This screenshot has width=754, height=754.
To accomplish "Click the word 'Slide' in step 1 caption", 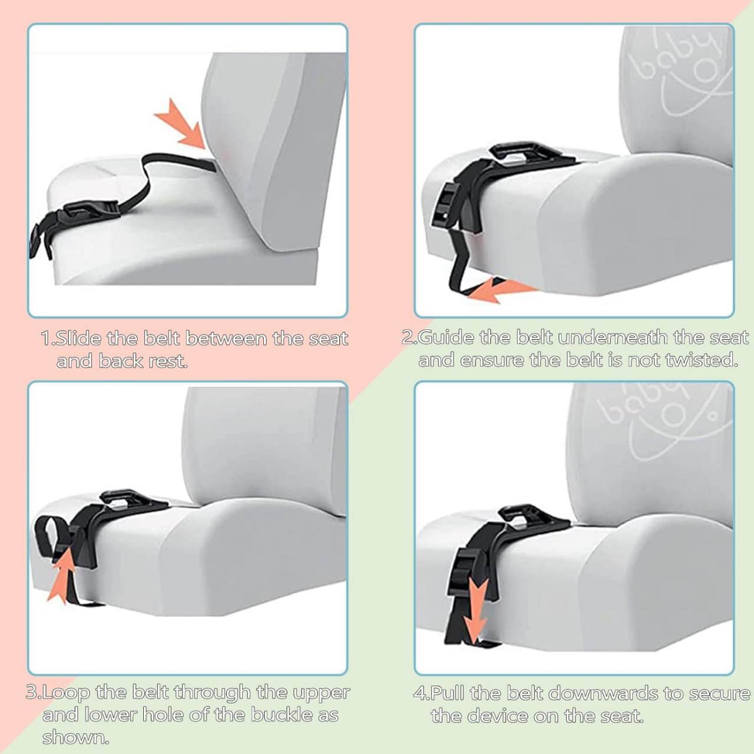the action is pyautogui.click(x=79, y=339).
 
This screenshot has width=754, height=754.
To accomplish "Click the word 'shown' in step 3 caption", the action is pyautogui.click(x=75, y=738).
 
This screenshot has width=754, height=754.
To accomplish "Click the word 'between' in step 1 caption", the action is pyautogui.click(x=226, y=339).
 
